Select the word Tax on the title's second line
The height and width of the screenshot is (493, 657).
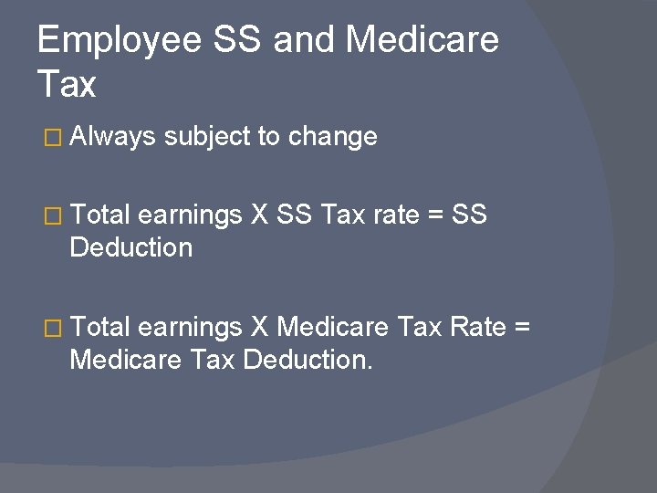(x=67, y=85)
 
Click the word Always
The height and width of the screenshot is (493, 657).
(x=112, y=137)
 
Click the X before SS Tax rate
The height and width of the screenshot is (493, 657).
(x=257, y=216)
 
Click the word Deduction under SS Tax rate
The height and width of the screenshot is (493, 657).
(x=131, y=247)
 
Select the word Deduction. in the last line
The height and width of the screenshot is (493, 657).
(x=308, y=359)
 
